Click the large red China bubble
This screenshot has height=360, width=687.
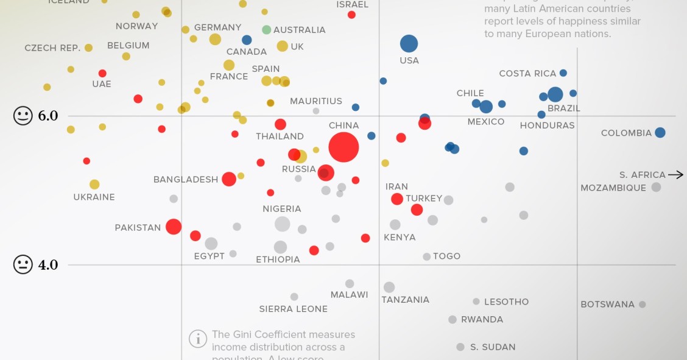(x=343, y=147)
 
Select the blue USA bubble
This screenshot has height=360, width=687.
(x=409, y=44)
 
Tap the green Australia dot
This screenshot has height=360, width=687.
(x=266, y=30)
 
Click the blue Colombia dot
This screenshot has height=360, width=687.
(x=660, y=132)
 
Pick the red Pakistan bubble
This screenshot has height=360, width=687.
(x=174, y=227)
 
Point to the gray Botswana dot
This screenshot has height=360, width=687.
(x=642, y=305)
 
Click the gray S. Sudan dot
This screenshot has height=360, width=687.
(x=460, y=347)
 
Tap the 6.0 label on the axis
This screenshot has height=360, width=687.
(x=48, y=116)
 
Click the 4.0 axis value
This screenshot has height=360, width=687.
(x=48, y=265)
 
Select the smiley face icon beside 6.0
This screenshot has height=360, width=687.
(x=23, y=116)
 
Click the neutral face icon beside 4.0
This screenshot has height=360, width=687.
(x=23, y=265)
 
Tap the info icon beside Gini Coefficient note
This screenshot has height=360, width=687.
(x=197, y=339)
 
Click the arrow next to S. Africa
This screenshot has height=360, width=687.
(x=675, y=175)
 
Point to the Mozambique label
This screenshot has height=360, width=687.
(x=613, y=188)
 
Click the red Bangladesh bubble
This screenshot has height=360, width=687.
(x=229, y=179)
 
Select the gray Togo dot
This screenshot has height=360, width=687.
(x=427, y=257)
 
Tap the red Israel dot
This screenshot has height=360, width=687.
(x=351, y=15)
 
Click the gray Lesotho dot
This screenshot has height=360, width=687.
(x=476, y=302)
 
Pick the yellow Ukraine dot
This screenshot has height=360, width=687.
(x=94, y=184)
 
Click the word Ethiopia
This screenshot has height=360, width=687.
(x=278, y=259)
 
